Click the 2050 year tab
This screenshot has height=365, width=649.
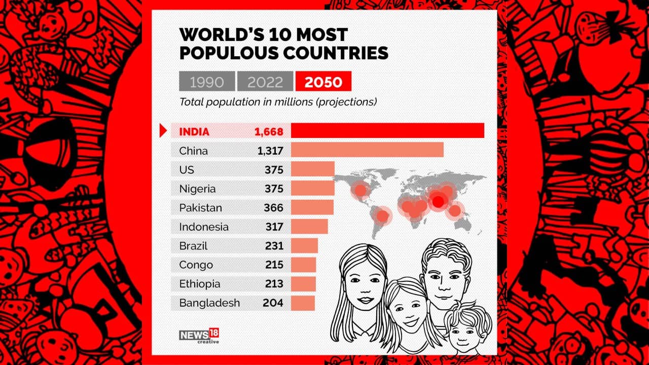pyautogui.click(x=323, y=81)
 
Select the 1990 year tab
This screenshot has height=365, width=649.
pyautogui.click(x=207, y=81)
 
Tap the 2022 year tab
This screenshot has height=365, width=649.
pyautogui.click(x=265, y=81)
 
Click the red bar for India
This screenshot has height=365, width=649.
pyautogui.click(x=387, y=131)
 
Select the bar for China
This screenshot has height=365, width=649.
pyautogui.click(x=367, y=150)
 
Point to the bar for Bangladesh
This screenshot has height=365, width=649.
pyautogui.click(x=303, y=303)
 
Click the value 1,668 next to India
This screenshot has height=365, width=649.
pyautogui.click(x=269, y=132)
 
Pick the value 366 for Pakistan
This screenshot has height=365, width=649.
pyautogui.click(x=273, y=208)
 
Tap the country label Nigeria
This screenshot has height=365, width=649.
pyautogui.click(x=197, y=189)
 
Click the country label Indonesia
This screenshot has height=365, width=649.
pyautogui.click(x=204, y=227)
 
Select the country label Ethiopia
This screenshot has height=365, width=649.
pyautogui.click(x=200, y=284)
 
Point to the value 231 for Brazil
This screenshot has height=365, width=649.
pyautogui.click(x=274, y=246)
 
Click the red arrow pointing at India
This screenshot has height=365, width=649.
pyautogui.click(x=163, y=131)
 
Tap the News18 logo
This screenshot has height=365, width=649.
pyautogui.click(x=199, y=336)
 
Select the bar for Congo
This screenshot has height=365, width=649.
pyautogui.click(x=303, y=265)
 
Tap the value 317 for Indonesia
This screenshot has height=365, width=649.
pyautogui.click(x=274, y=227)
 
